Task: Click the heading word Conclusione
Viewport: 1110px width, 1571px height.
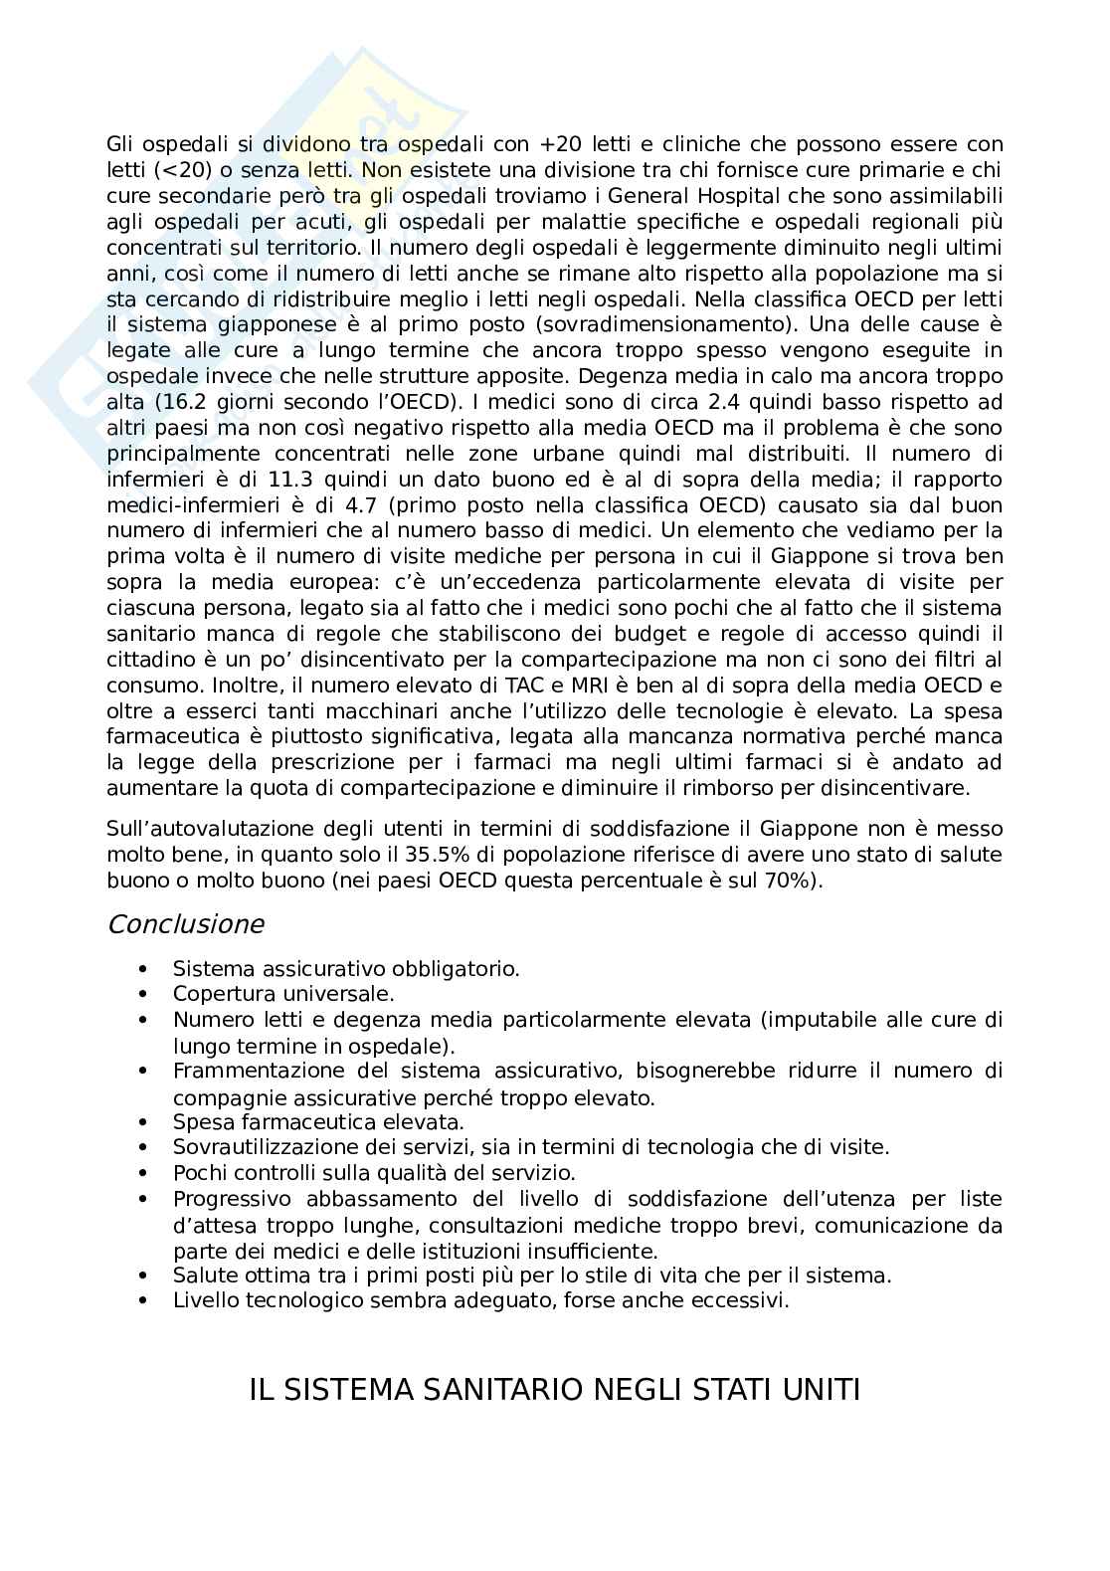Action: click(x=185, y=924)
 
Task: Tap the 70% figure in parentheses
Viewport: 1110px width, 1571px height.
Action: click(x=792, y=881)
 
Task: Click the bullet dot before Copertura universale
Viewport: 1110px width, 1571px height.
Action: click(x=145, y=994)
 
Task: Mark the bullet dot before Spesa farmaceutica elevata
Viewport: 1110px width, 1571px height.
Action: click(x=145, y=1121)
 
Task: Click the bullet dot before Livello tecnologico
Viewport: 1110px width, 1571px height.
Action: click(x=145, y=1300)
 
